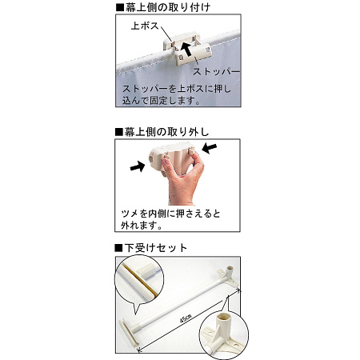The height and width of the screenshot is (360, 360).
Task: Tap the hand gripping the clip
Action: [178, 184]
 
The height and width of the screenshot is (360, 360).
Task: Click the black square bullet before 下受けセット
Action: [117, 247]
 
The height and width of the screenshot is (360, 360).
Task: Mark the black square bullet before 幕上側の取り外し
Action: [117, 130]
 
